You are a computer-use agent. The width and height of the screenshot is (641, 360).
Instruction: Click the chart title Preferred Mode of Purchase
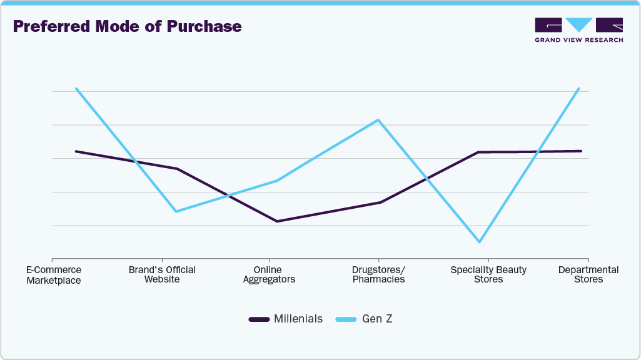click(127, 27)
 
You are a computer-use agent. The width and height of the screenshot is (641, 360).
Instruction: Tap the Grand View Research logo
click(578, 29)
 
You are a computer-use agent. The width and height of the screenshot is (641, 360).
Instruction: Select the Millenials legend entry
click(286, 319)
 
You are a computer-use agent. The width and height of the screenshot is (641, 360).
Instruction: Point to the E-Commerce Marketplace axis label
click(54, 275)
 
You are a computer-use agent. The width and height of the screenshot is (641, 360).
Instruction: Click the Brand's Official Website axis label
click(162, 274)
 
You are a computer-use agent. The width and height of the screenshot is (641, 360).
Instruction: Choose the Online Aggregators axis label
click(269, 274)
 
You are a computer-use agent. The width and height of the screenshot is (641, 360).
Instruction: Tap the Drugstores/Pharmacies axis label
click(378, 274)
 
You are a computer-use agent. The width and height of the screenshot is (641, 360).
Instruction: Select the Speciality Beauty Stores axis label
click(488, 274)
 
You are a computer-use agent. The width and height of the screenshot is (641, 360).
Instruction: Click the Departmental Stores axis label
click(588, 274)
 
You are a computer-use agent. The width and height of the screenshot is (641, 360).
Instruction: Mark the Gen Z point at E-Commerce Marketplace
click(76, 89)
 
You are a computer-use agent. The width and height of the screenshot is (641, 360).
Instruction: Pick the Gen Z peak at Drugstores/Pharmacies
click(378, 120)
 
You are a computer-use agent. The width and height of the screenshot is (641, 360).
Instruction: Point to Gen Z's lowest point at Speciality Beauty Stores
click(479, 242)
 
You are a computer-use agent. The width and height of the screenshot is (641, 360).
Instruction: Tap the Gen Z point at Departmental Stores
click(579, 89)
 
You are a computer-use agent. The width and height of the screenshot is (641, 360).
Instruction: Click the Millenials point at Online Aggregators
click(276, 221)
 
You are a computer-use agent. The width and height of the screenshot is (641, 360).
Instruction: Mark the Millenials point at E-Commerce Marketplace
click(76, 151)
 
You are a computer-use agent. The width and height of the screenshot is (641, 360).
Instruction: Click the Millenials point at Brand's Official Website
click(177, 169)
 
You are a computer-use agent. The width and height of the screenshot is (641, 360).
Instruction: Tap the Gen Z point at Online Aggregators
click(277, 181)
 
